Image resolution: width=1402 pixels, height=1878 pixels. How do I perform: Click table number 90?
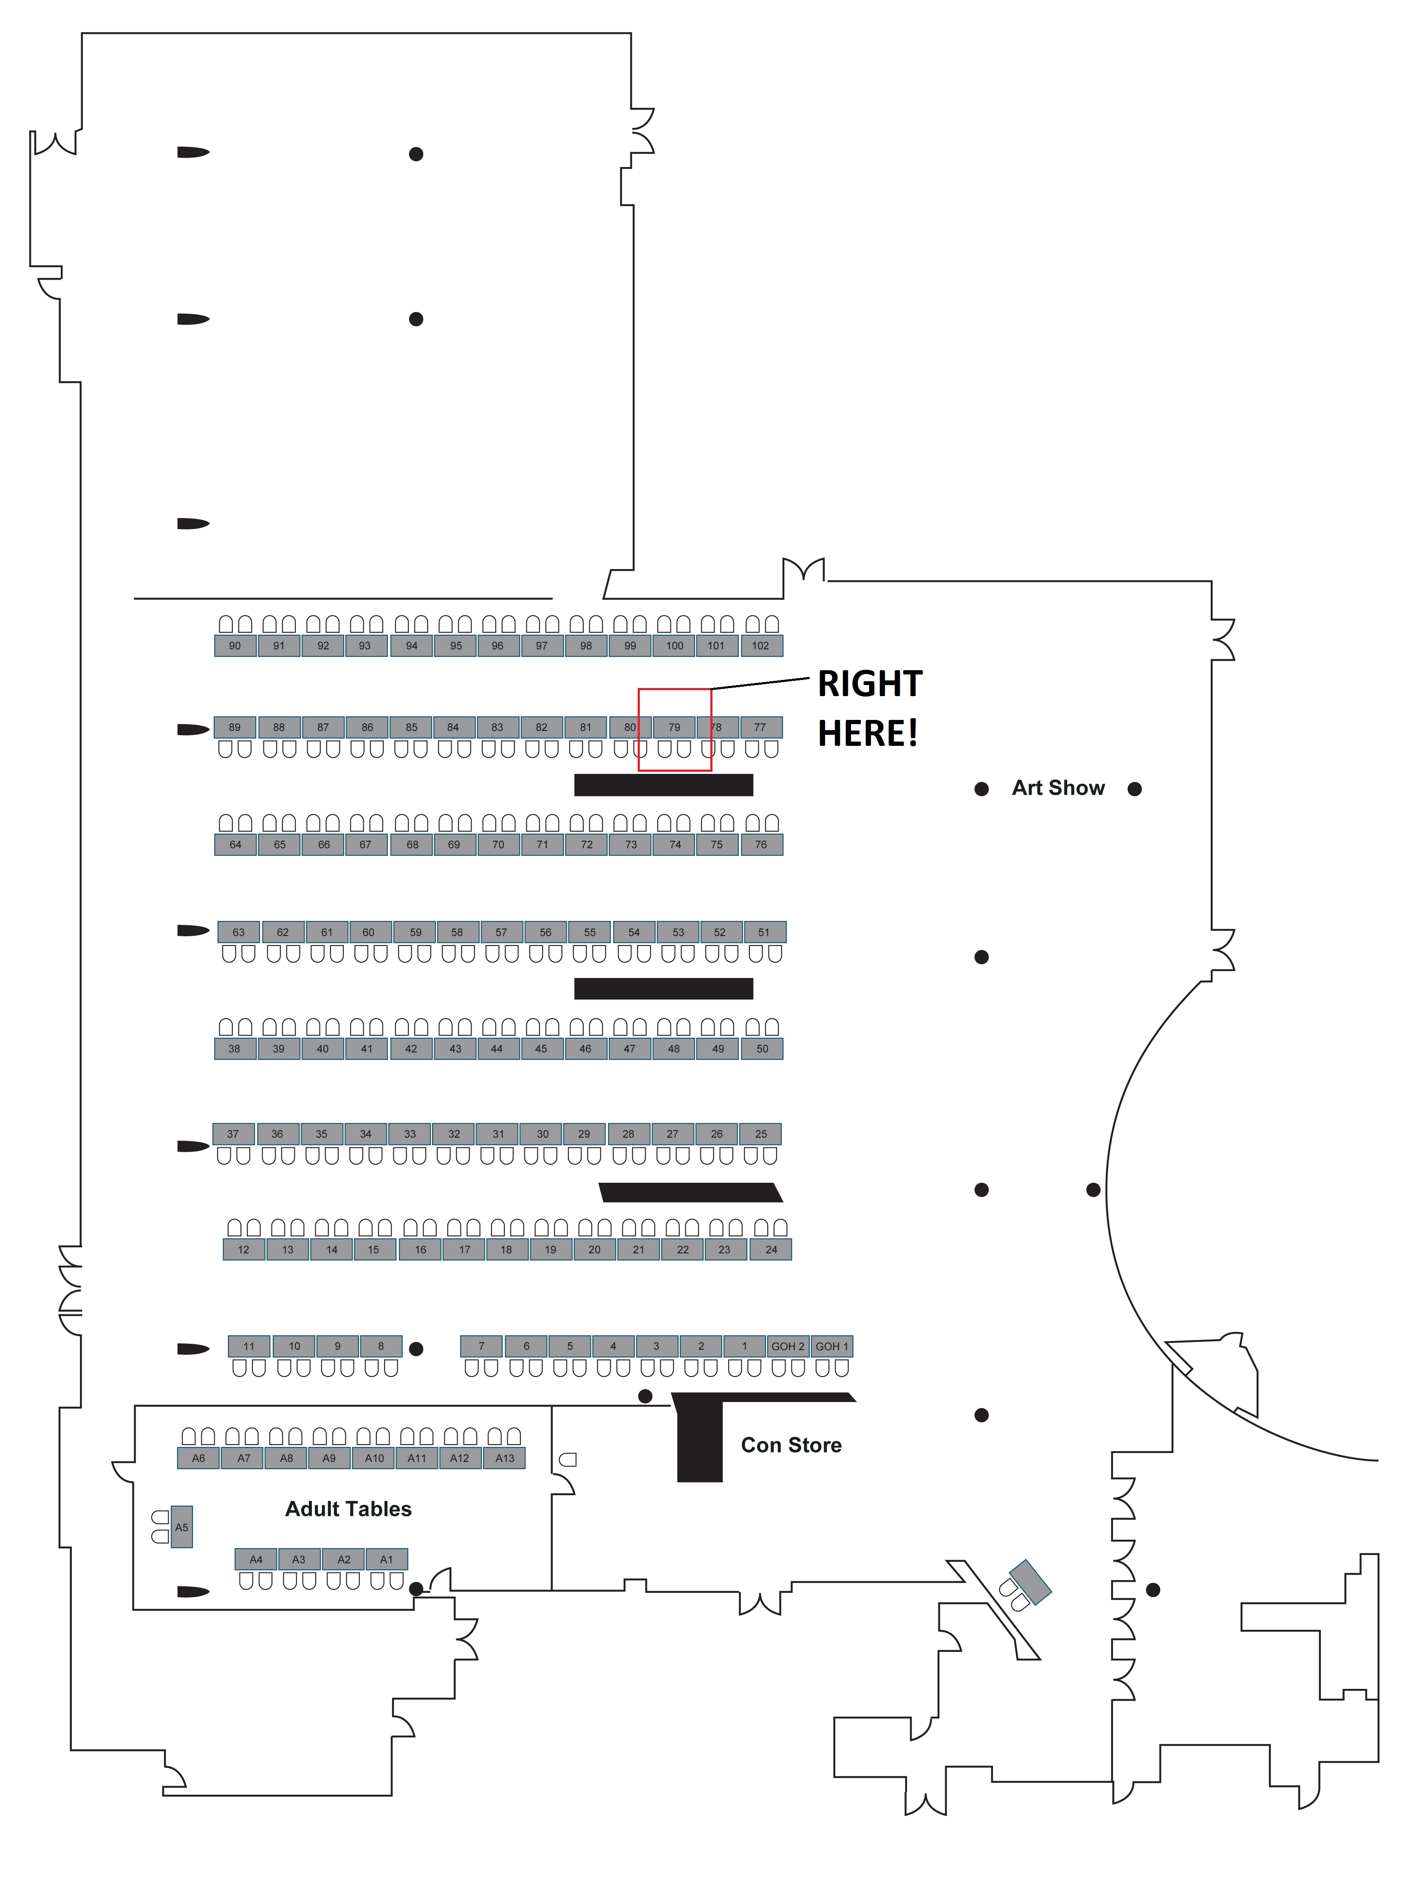click(235, 646)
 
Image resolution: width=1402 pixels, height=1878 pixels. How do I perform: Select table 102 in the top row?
click(760, 646)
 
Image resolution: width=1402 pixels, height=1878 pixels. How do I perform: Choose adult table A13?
click(505, 1459)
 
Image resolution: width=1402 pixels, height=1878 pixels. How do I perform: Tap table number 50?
click(762, 1049)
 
